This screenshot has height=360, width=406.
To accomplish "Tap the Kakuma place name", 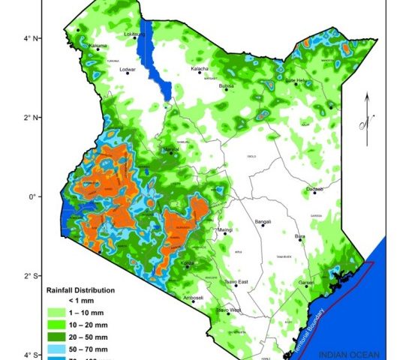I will pyautogui.click(x=98, y=46).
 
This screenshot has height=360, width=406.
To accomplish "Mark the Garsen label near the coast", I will pyautogui.click(x=306, y=282).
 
